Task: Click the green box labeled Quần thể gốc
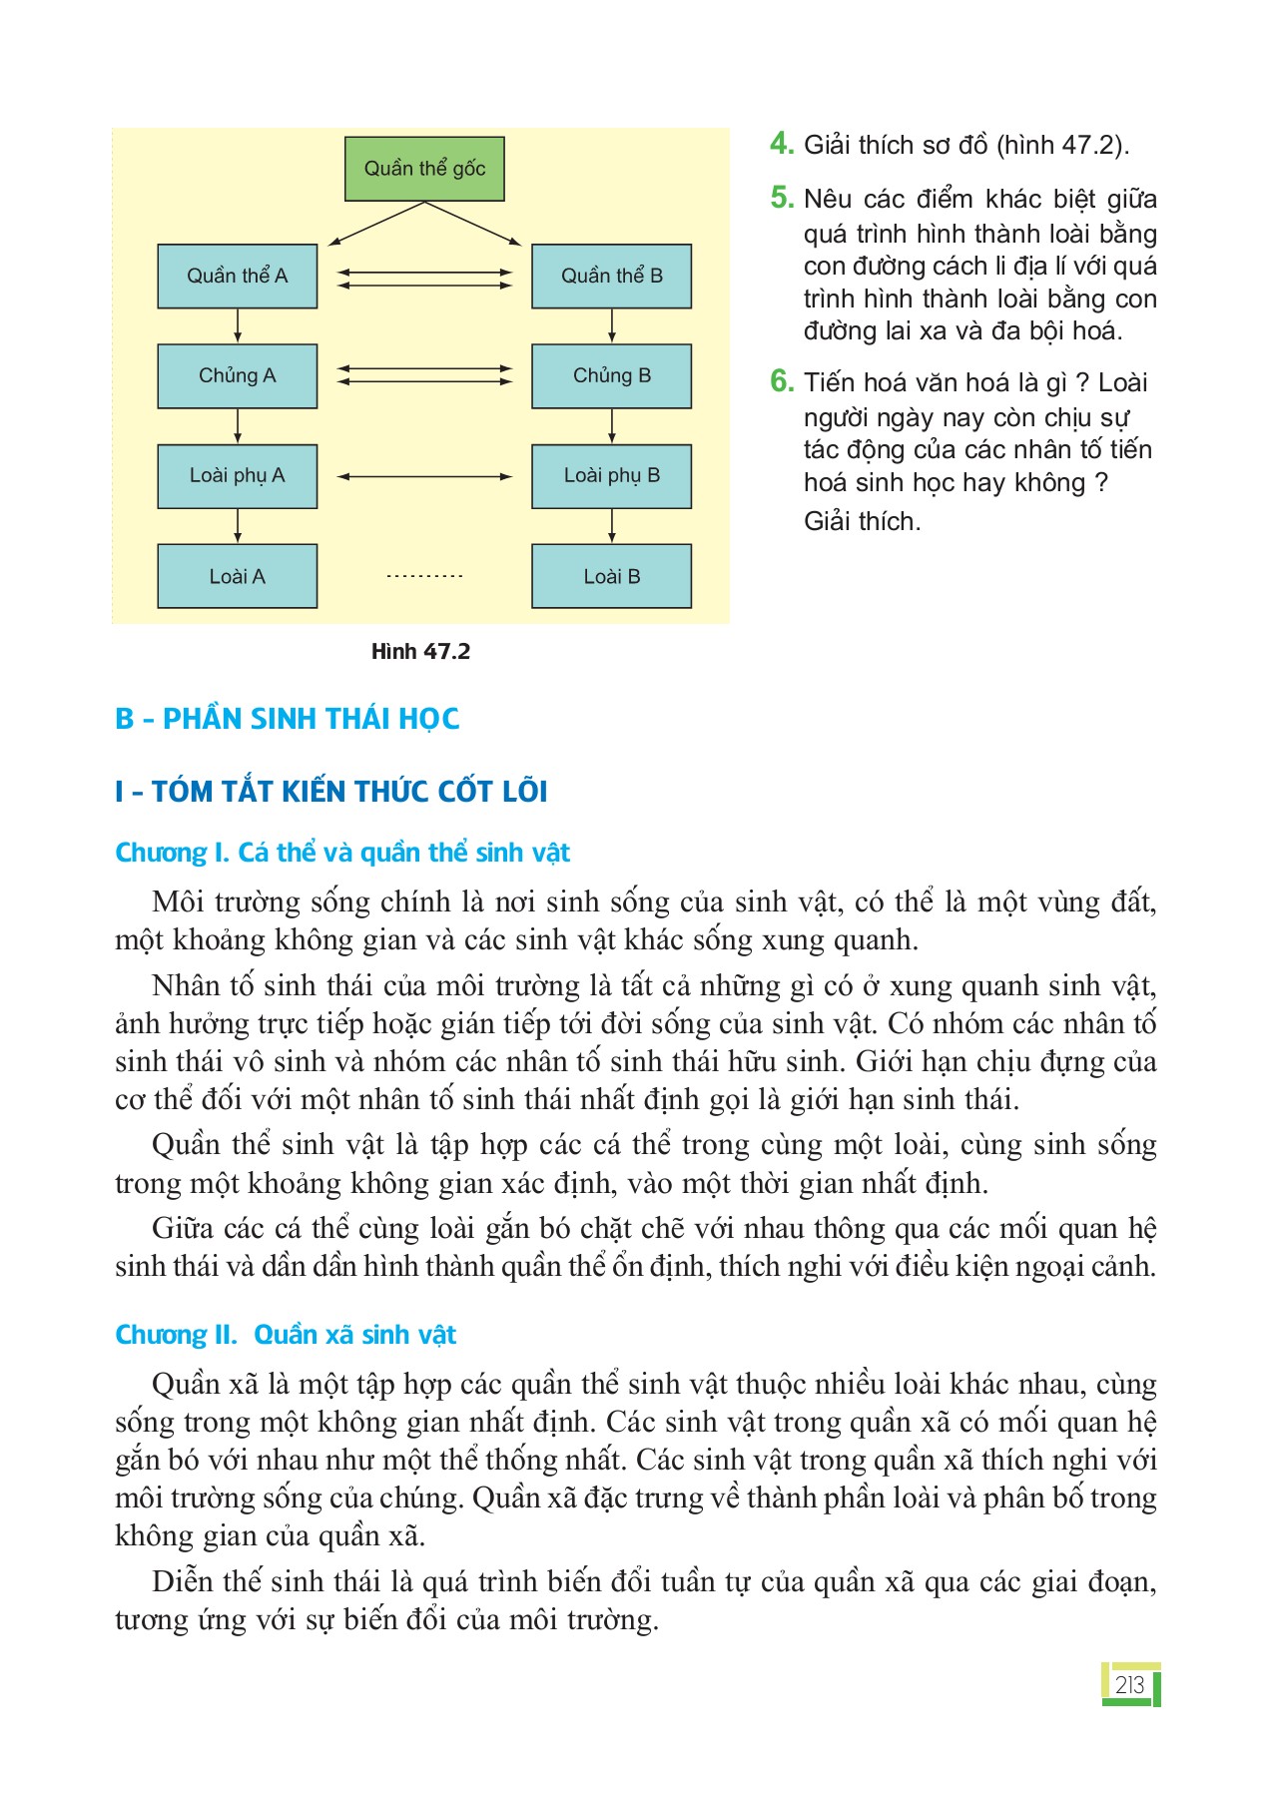pyautogui.click(x=424, y=169)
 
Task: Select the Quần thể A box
pyautogui.click(x=238, y=276)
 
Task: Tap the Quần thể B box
pyautogui.click(x=611, y=276)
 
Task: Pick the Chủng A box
pyautogui.click(x=238, y=376)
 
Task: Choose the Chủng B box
pyautogui.click(x=611, y=376)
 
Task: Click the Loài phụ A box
pyautogui.click(x=238, y=476)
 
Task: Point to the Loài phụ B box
pyautogui.click(x=611, y=476)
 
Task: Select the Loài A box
pyautogui.click(x=238, y=576)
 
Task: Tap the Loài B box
pyautogui.click(x=611, y=576)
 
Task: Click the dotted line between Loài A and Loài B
pyautogui.click(x=424, y=576)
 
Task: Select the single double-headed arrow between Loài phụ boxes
pyautogui.click(x=424, y=477)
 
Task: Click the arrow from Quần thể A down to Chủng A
pyautogui.click(x=238, y=325)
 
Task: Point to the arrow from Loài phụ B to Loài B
pyautogui.click(x=611, y=525)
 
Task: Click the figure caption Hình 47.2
pyautogui.click(x=420, y=652)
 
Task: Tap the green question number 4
pyautogui.click(x=781, y=144)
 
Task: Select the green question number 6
pyautogui.click(x=781, y=381)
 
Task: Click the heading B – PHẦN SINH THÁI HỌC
pyautogui.click(x=288, y=719)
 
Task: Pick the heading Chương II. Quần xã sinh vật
pyautogui.click(x=286, y=1335)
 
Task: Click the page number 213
pyautogui.click(x=1129, y=1685)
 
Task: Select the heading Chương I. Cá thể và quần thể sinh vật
pyautogui.click(x=342, y=853)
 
